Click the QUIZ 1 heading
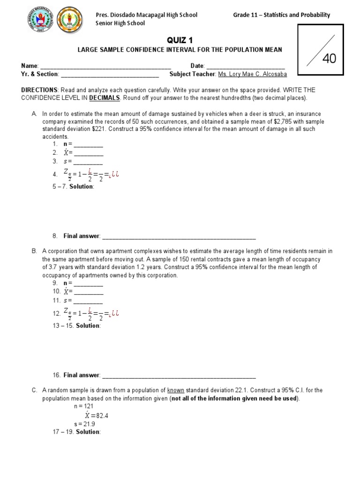coord(180,41)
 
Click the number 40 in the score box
coord(329,59)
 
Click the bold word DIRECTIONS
coord(39,90)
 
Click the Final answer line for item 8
coord(179,236)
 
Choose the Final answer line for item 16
coord(179,375)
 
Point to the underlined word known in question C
coord(176,390)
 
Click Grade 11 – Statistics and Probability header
coord(281,15)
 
